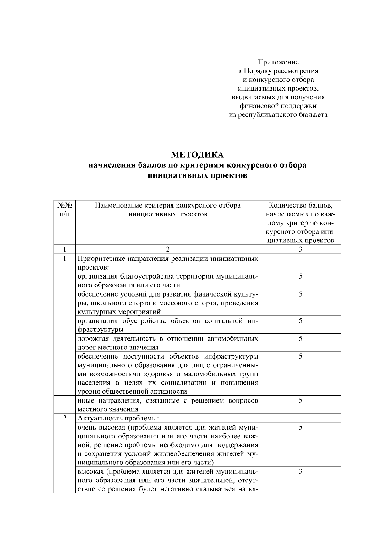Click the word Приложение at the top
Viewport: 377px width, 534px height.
[x=278, y=62]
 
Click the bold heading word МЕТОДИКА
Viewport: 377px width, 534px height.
[x=197, y=155]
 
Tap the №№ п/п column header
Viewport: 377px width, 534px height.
[x=64, y=210]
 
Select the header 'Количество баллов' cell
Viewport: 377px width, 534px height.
[x=300, y=223]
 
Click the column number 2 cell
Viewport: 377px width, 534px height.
[x=168, y=249]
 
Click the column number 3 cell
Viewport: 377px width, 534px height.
[x=300, y=249]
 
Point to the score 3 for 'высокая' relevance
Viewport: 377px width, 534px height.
[x=300, y=471]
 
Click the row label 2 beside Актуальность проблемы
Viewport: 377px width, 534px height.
[x=64, y=418]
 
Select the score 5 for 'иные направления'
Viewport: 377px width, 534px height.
[x=300, y=400]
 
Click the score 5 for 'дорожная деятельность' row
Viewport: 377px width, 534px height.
[x=300, y=339]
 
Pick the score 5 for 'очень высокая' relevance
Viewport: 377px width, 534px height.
[x=300, y=427]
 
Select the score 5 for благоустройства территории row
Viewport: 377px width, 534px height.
[x=300, y=276]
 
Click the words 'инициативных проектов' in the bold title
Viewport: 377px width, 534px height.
[x=197, y=175]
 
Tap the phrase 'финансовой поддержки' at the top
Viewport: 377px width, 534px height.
[x=278, y=106]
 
